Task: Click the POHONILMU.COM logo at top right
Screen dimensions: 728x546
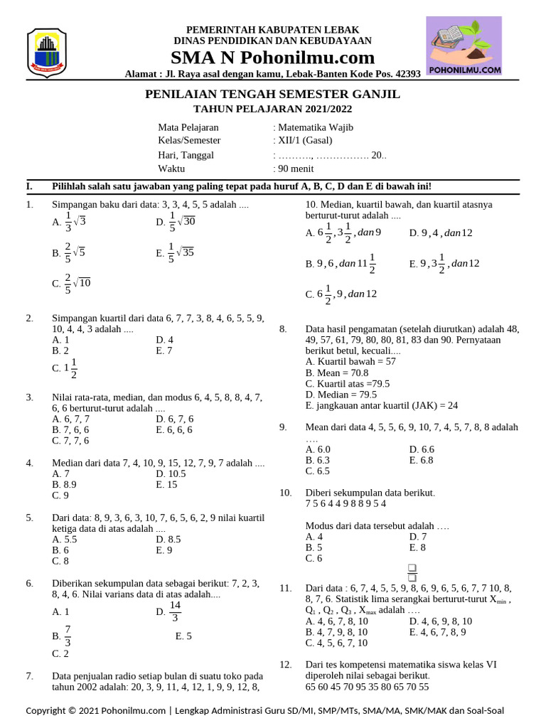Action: point(464,45)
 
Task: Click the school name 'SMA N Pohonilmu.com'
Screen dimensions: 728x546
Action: point(272,58)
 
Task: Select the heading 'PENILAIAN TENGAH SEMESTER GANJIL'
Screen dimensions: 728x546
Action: point(272,95)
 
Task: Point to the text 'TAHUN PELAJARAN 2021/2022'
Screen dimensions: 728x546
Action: point(272,109)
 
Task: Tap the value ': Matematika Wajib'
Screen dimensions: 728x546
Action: point(313,127)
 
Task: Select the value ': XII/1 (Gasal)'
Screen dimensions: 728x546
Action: point(303,140)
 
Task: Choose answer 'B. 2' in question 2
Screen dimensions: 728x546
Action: point(60,350)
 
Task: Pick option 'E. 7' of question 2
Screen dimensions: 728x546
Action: point(164,350)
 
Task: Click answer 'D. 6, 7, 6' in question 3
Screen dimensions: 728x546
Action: point(174,419)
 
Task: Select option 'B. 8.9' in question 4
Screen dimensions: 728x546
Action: point(64,485)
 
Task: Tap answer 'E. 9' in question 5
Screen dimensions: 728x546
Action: point(164,550)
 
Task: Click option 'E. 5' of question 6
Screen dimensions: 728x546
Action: point(183,636)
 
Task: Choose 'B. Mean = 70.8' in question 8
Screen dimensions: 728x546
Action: point(337,373)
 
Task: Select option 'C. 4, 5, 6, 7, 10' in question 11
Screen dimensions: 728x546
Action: point(336,643)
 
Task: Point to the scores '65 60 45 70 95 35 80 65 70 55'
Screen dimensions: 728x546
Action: point(367,687)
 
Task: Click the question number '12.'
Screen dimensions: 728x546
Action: point(286,664)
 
